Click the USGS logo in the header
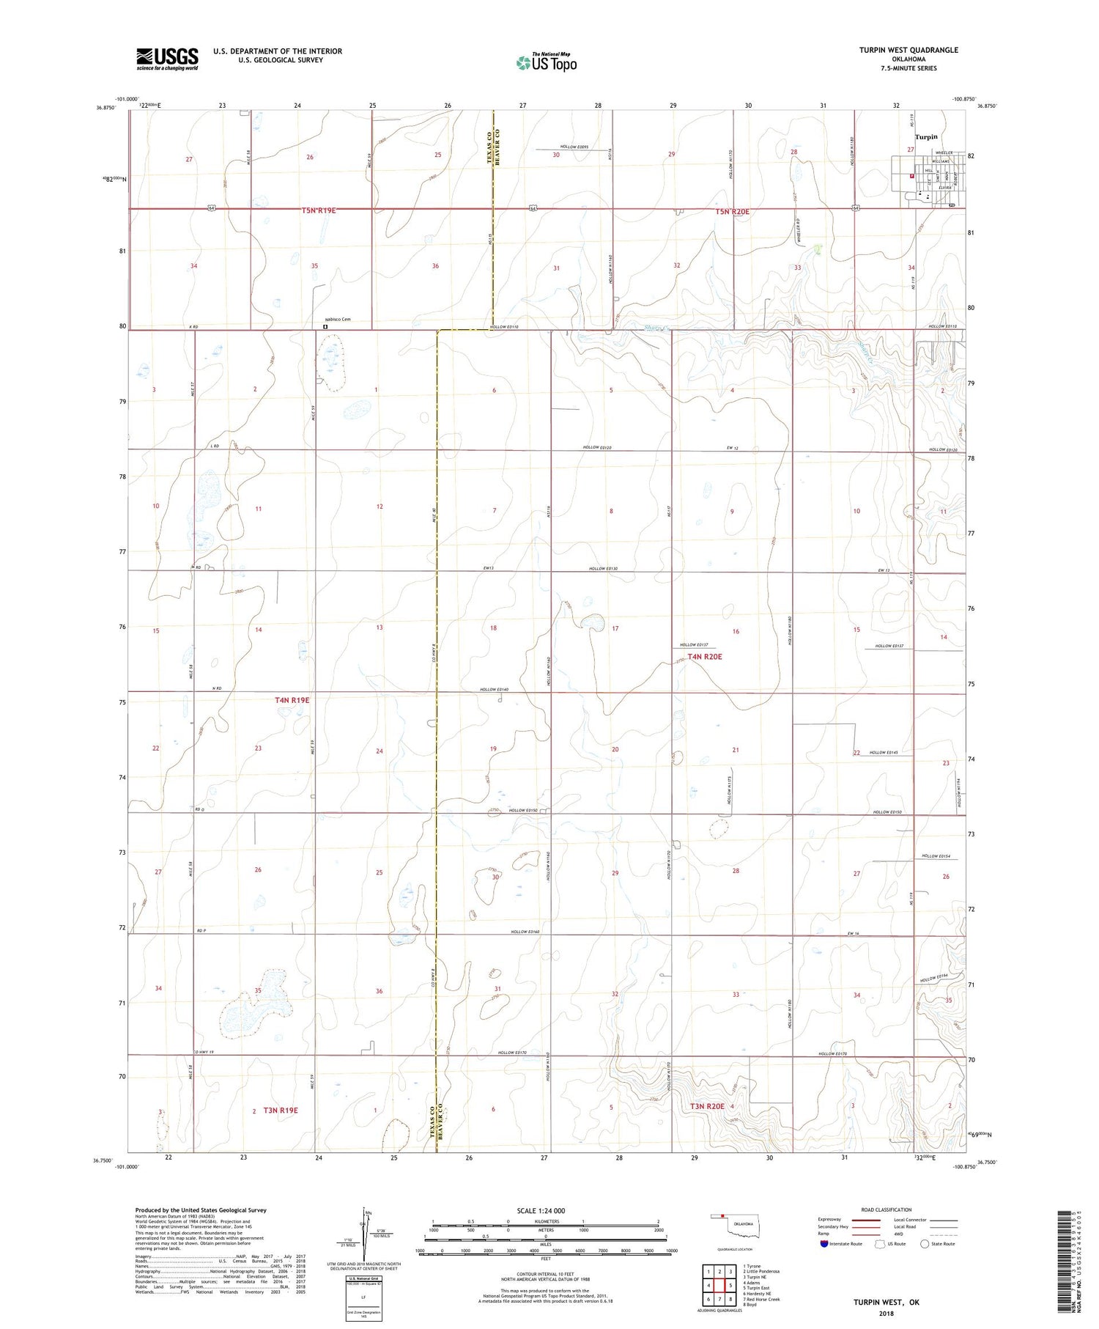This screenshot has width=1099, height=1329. pyautogui.click(x=167, y=59)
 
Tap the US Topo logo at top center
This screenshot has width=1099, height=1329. pyautogui.click(x=546, y=62)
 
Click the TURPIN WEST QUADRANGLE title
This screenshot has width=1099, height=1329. pyautogui.click(x=909, y=50)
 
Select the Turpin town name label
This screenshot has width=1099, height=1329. pyautogui.click(x=926, y=137)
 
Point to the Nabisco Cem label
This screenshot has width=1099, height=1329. pyautogui.click(x=338, y=320)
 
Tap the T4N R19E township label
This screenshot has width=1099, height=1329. pyautogui.click(x=292, y=700)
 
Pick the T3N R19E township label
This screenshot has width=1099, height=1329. pyautogui.click(x=281, y=1111)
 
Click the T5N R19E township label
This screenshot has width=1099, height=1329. pyautogui.click(x=319, y=210)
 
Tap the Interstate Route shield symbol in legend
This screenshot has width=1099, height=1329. pyautogui.click(x=824, y=1243)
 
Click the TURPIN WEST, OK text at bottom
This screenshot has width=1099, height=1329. pyautogui.click(x=886, y=1302)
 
